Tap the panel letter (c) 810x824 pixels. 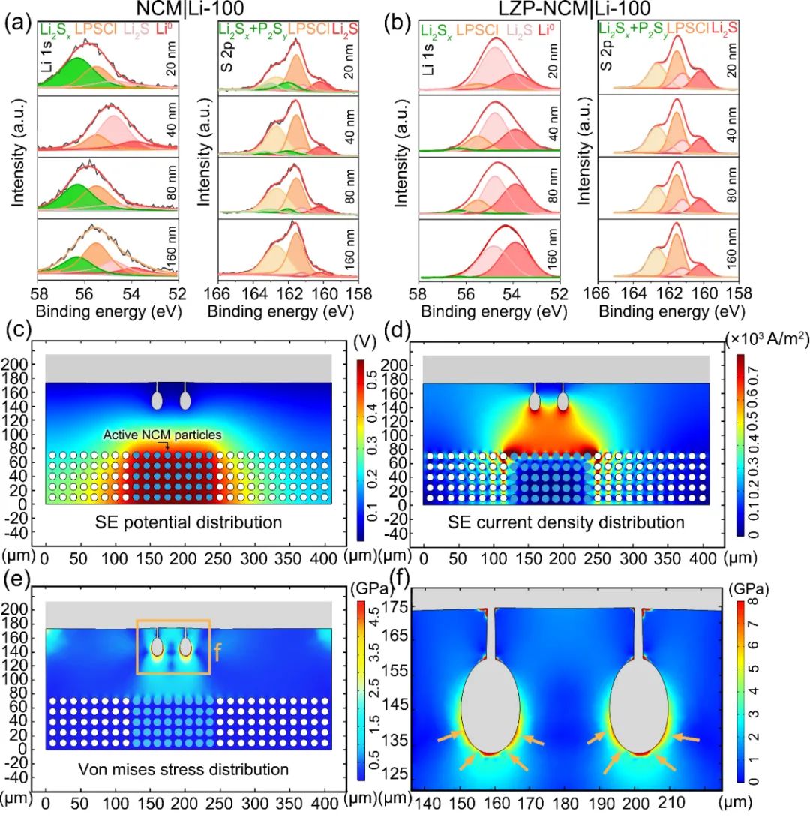coord(17,330)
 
